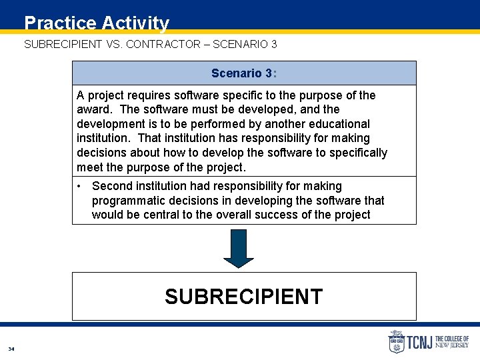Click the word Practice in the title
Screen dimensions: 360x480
pos(60,23)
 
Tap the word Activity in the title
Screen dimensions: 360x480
pos(135,23)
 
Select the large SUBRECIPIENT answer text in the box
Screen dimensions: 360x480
pos(244,297)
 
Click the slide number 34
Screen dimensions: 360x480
pos(11,349)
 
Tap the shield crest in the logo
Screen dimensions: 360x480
pos(396,342)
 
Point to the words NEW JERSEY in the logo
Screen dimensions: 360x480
pos(452,345)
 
